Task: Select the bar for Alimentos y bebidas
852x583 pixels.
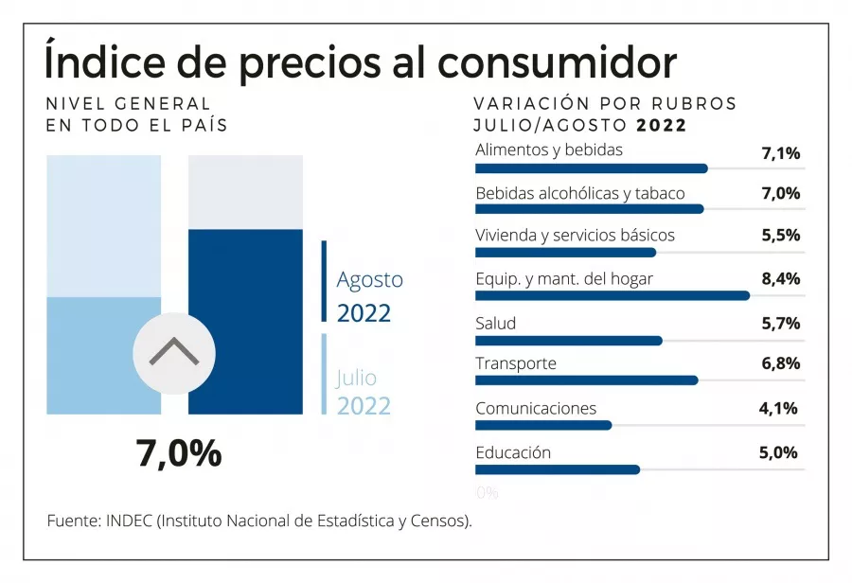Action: (x=591, y=168)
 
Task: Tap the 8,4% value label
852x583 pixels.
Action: (x=781, y=278)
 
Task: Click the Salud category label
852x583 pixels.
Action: (x=495, y=323)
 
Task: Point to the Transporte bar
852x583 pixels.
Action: (x=586, y=380)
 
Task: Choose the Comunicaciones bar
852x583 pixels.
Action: (x=543, y=425)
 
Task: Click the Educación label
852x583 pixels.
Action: (x=512, y=452)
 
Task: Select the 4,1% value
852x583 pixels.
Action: (x=779, y=409)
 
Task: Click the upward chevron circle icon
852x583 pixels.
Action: (x=174, y=353)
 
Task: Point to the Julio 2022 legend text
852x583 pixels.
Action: (x=363, y=392)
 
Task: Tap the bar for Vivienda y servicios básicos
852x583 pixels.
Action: (x=565, y=253)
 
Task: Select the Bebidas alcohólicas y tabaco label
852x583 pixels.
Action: (x=579, y=193)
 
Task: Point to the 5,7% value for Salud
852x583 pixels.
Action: (x=781, y=323)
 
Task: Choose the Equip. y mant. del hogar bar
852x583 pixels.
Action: (x=612, y=295)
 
